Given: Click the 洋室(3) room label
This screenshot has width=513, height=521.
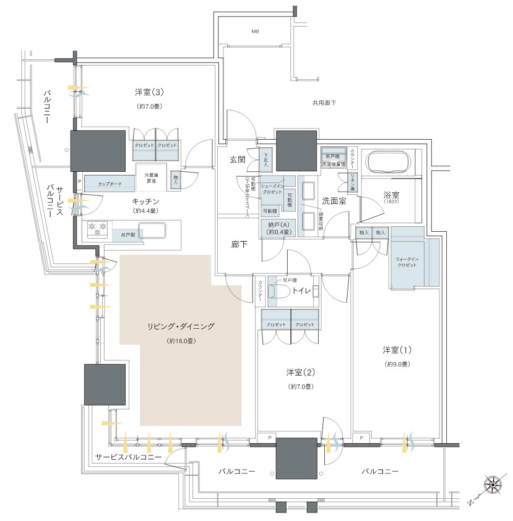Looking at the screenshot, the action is click(x=149, y=93).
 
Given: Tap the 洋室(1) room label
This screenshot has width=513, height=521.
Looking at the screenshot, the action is click(x=397, y=350).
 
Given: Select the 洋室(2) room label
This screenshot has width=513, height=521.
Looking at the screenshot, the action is click(x=301, y=372).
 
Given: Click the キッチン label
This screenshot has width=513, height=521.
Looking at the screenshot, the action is click(x=146, y=201).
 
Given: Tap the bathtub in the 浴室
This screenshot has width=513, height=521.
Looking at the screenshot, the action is click(x=388, y=163).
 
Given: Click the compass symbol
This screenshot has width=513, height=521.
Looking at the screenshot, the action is click(x=493, y=485).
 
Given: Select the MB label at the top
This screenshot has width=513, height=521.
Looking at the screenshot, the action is click(x=255, y=31).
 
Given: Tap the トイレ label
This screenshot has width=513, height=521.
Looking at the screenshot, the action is click(x=301, y=289).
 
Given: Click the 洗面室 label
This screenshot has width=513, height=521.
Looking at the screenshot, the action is click(x=333, y=201).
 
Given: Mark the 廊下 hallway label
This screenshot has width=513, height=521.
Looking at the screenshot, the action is click(x=239, y=245).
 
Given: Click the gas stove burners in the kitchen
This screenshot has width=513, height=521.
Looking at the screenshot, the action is click(x=97, y=228).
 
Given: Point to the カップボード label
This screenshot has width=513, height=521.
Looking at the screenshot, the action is click(x=110, y=184).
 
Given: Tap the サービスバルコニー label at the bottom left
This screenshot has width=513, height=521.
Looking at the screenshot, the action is click(x=128, y=457).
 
